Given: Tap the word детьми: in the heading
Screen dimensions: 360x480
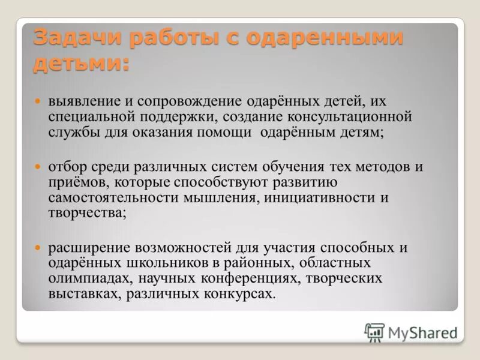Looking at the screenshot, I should (x=82, y=62).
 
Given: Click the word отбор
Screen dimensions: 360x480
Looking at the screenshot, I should (x=67, y=167).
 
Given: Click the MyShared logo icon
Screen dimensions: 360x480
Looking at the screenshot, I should (x=374, y=332).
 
